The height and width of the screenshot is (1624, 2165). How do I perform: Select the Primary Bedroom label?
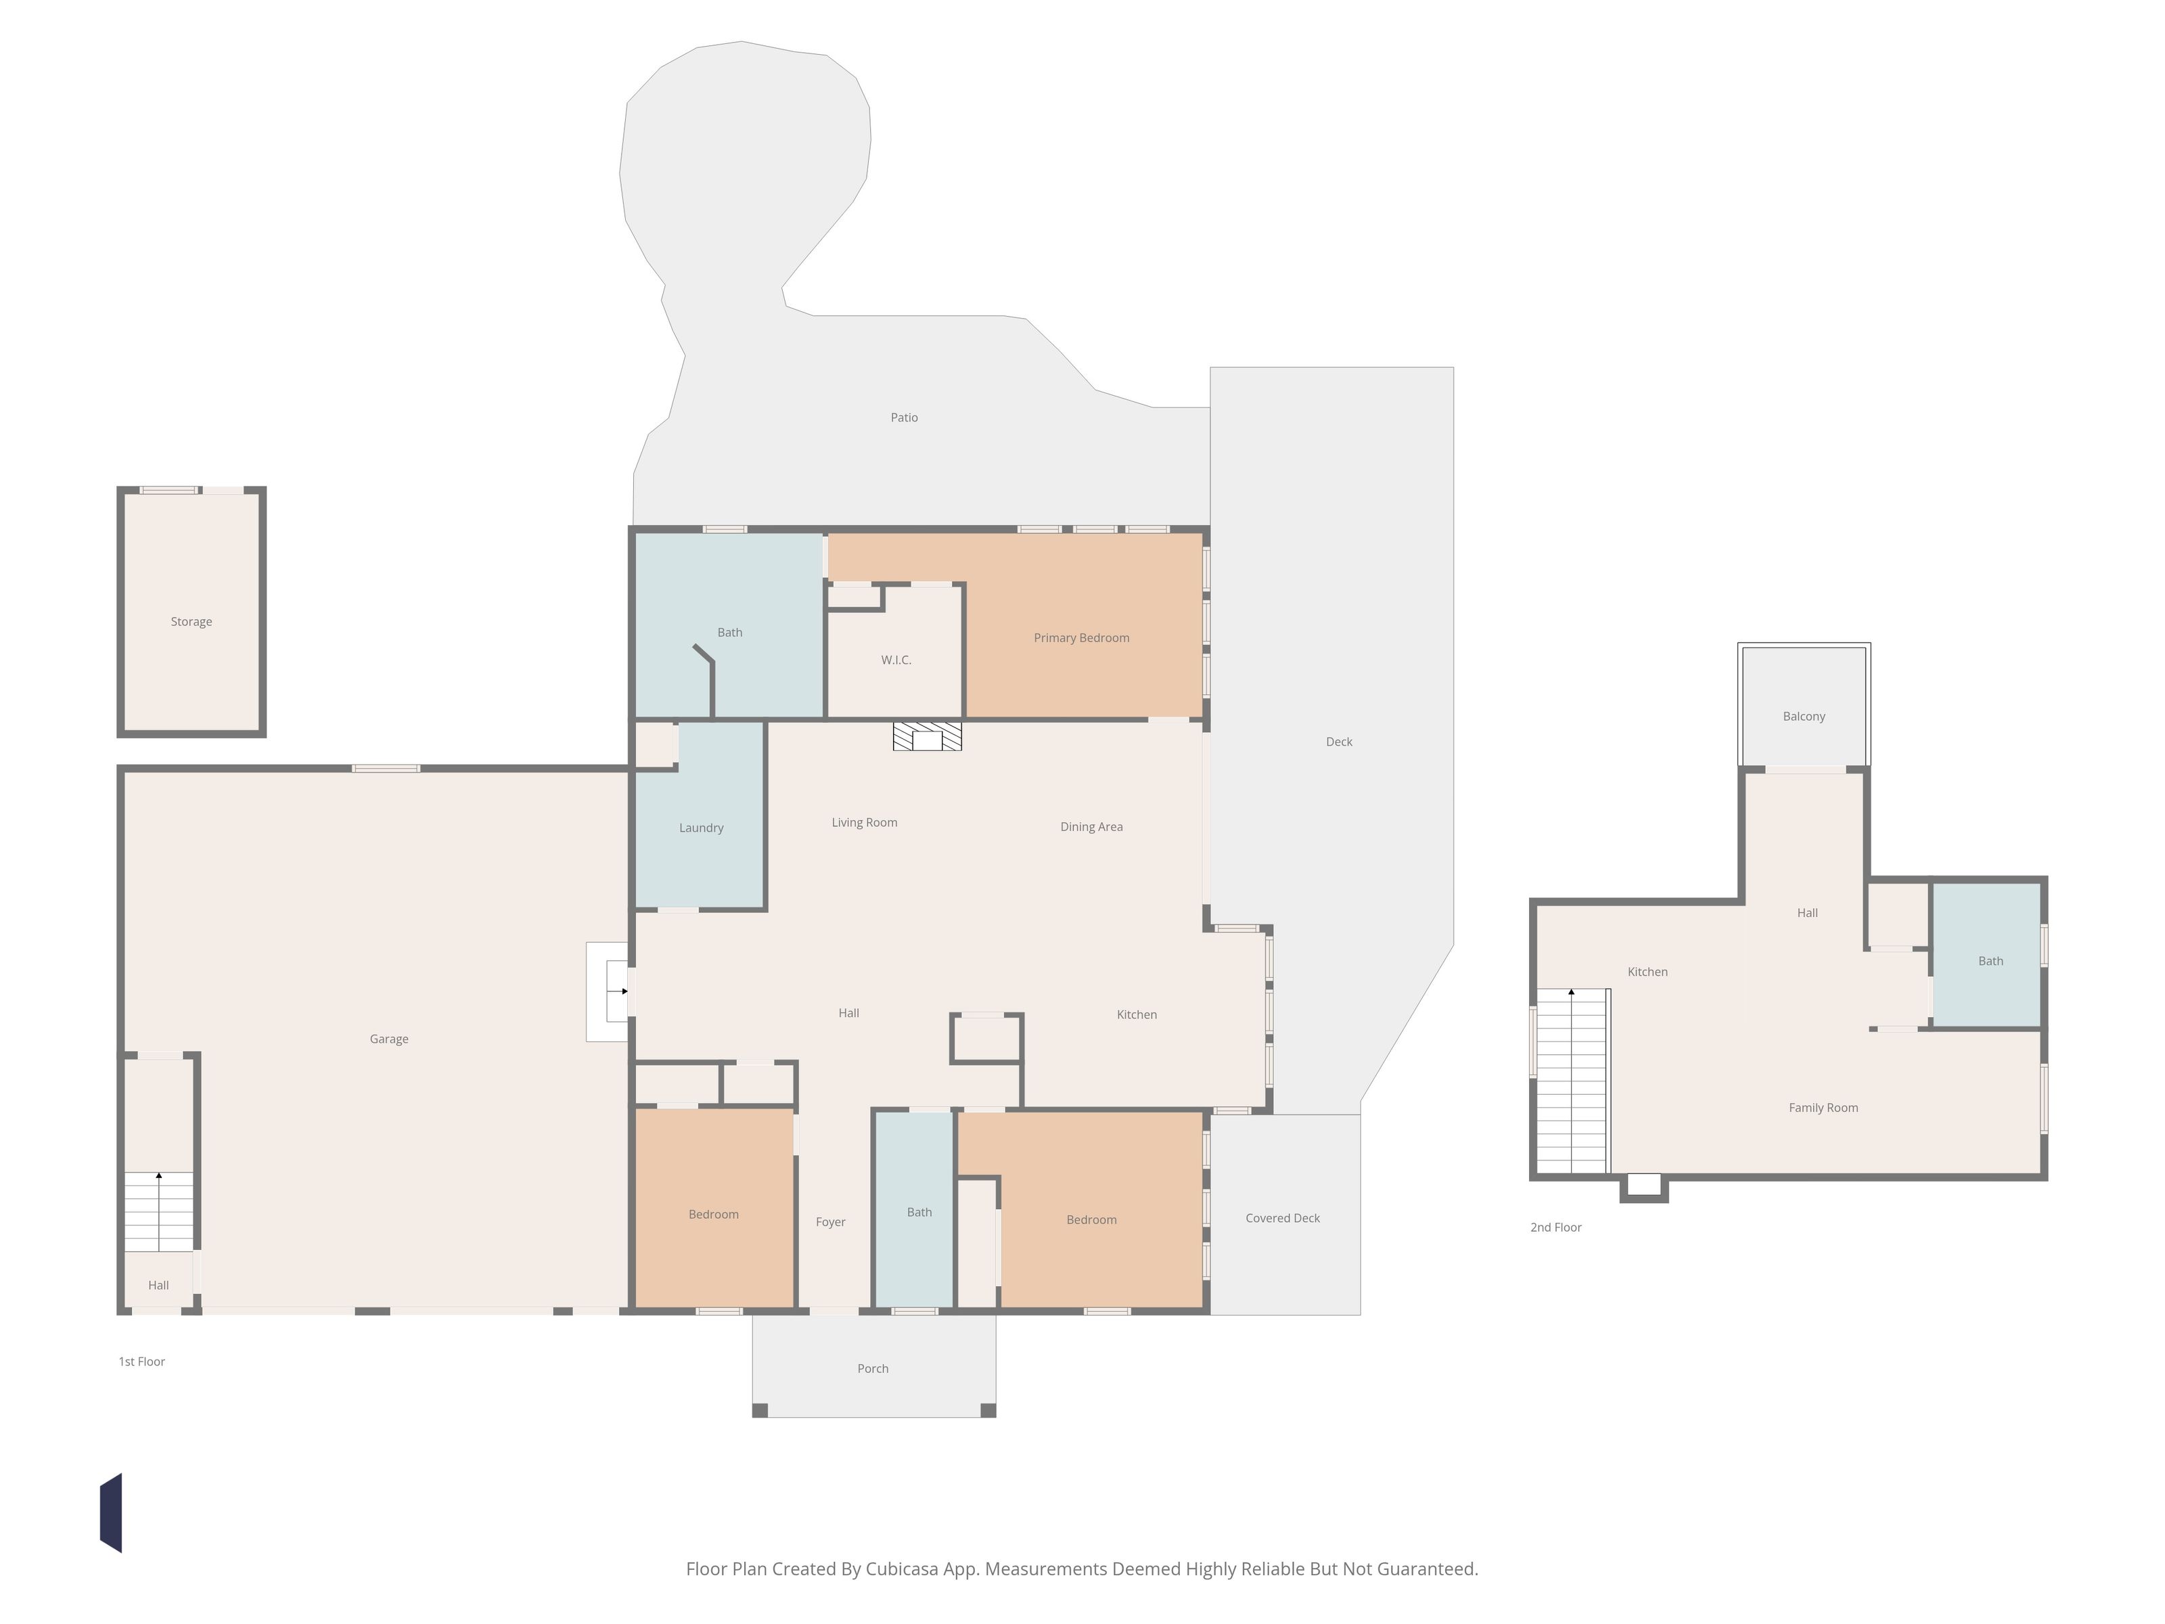[1082, 638]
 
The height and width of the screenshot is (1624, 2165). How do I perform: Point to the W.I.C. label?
[896, 660]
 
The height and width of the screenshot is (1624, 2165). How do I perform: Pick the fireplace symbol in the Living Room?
[927, 737]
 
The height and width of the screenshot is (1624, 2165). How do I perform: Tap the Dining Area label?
[1091, 827]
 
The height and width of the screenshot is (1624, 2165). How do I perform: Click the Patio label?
[905, 417]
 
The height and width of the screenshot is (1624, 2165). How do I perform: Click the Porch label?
[873, 1368]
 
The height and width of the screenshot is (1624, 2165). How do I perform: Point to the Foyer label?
[830, 1221]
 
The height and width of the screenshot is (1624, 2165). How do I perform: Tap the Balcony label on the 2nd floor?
[1804, 717]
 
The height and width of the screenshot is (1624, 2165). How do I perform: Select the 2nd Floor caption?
[1555, 1227]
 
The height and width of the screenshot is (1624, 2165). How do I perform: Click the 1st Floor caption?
[142, 1361]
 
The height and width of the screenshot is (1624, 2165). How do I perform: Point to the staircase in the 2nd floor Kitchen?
[1572, 1081]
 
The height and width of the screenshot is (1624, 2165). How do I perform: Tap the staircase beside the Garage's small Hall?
[158, 1211]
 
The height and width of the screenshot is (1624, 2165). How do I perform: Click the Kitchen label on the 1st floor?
[1137, 1015]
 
